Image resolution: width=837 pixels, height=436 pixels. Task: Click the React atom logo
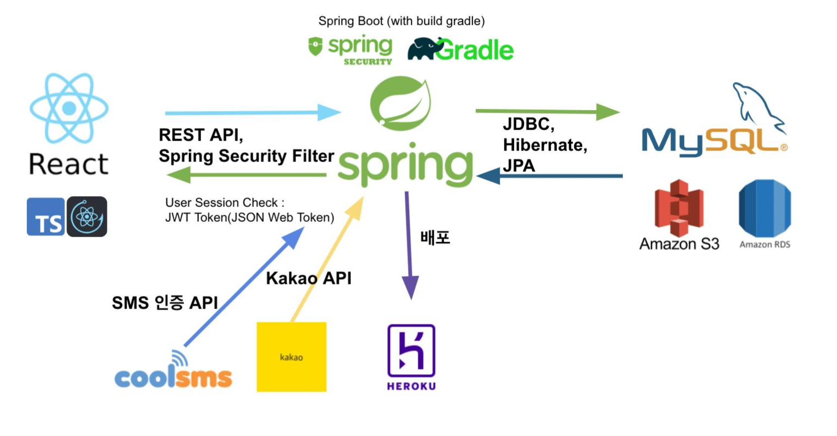tap(69, 108)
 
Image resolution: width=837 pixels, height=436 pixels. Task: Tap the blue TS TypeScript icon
tap(46, 216)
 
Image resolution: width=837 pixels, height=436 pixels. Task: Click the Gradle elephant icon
tap(426, 49)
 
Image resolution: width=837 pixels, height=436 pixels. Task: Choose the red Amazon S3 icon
tap(679, 208)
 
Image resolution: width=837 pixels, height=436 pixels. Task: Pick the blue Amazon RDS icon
tap(765, 208)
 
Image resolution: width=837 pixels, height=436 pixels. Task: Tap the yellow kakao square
tap(291, 357)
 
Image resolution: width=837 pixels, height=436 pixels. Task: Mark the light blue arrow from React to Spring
tap(253, 113)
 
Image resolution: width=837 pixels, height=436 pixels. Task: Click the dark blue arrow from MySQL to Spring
tap(549, 176)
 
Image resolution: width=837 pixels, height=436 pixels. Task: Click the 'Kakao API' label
tap(309, 278)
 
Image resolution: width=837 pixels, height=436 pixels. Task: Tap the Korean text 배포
tap(435, 237)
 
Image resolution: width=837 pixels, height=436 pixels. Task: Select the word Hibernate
tap(544, 145)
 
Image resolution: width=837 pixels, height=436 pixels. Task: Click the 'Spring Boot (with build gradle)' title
tap(401, 21)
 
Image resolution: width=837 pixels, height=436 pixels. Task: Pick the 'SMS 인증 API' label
tap(165, 303)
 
